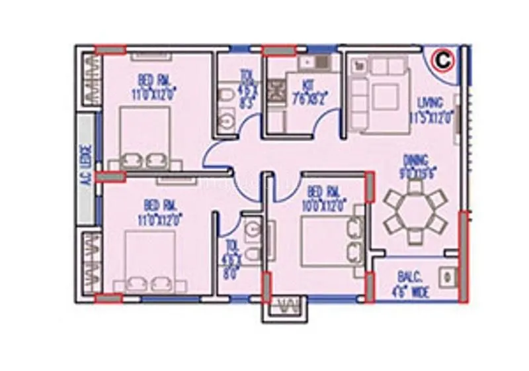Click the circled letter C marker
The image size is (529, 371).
[442, 60]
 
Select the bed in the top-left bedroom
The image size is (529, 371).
[145, 138]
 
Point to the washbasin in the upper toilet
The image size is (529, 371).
[229, 122]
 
